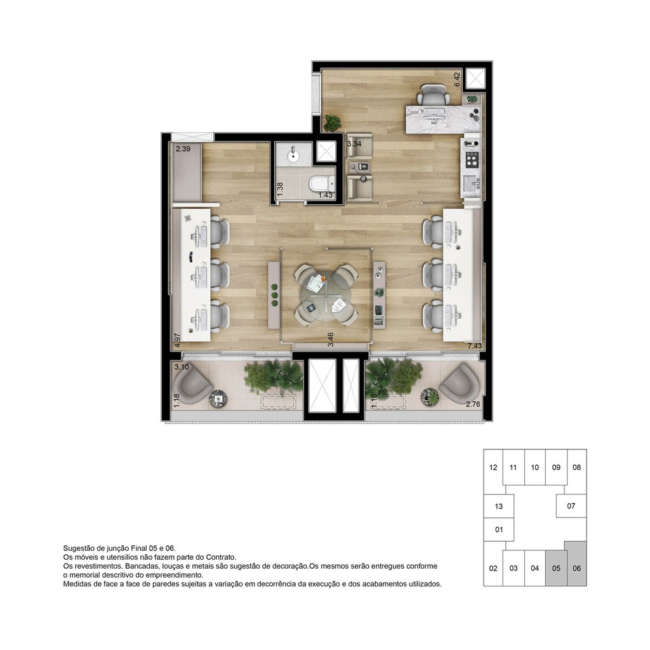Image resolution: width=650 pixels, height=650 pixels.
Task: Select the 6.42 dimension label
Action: coord(457,78)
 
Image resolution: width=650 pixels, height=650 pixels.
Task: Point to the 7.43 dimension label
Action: coord(475,346)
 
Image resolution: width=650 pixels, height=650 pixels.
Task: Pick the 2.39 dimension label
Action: coord(183,149)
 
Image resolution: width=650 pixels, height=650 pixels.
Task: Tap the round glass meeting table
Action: coord(326,295)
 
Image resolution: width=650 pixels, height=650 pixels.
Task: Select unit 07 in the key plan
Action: coord(571,506)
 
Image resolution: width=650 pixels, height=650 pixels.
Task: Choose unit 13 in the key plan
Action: coord(498,506)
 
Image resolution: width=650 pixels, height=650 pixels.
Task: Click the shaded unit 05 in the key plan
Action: coord(555,568)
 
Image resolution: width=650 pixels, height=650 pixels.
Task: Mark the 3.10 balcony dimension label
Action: coord(182,367)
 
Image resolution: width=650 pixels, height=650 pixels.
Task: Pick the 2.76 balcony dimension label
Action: coord(474,404)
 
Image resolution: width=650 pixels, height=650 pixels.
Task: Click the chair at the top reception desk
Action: coord(434,95)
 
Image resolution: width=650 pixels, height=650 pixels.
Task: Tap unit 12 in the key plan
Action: coord(493,467)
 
